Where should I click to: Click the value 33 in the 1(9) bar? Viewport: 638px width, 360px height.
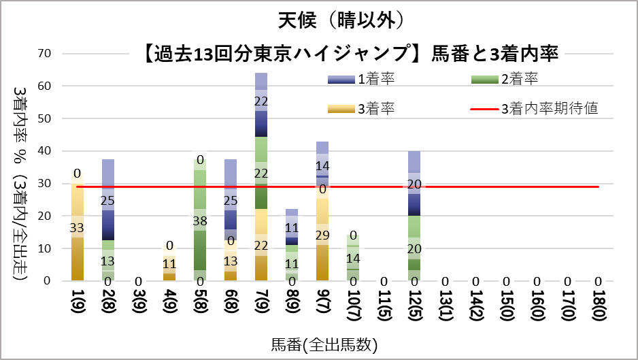pos(77,227)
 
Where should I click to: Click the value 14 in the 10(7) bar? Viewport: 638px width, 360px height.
pos(352,258)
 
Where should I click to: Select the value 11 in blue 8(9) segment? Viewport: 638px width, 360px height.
pos(291,228)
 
